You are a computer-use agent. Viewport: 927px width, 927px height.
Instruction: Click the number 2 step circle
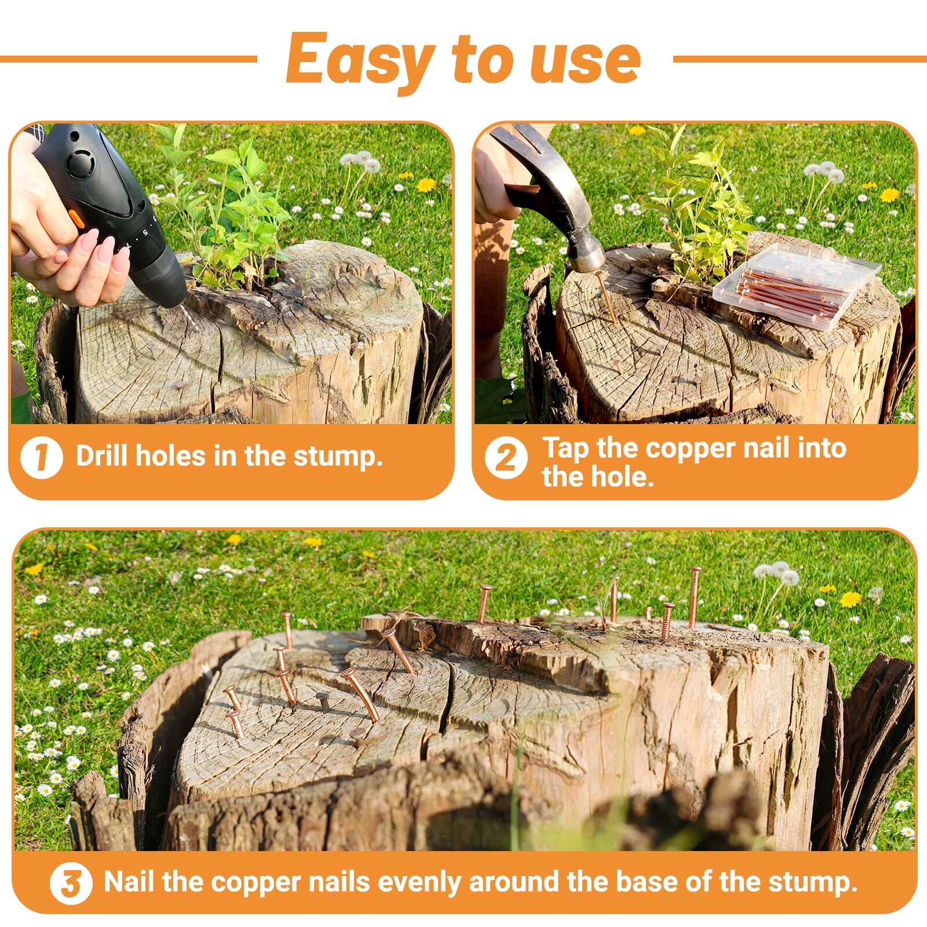(506, 457)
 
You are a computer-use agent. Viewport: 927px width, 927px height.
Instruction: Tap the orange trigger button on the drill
(74, 219)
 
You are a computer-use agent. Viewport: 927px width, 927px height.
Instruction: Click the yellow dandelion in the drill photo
(426, 185)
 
